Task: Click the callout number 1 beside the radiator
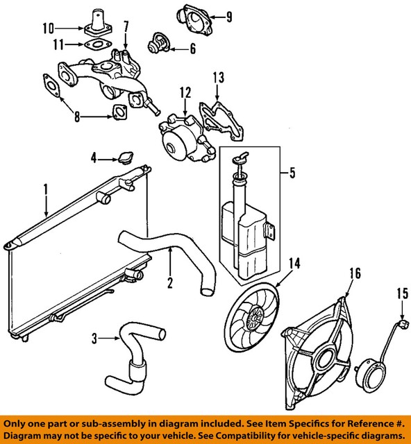pos(45,188)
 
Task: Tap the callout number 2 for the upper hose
pos(169,282)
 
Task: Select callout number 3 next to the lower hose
pos(94,339)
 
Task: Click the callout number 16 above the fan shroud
pos(355,273)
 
